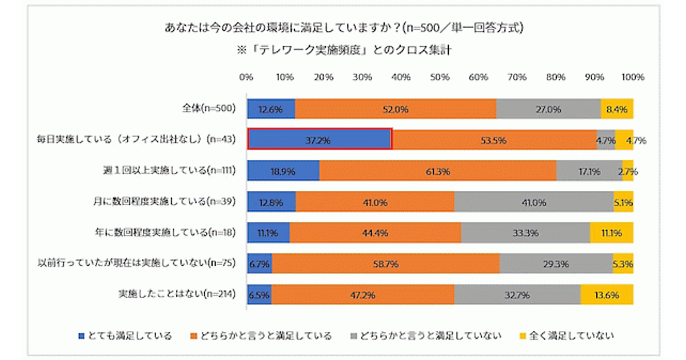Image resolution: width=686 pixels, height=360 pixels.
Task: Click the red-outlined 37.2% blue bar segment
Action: [x=319, y=139]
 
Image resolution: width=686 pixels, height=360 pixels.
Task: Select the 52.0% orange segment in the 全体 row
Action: [x=395, y=109]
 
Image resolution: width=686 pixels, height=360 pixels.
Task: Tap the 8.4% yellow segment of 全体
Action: [x=617, y=109]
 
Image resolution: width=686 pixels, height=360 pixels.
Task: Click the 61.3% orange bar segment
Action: [x=437, y=170]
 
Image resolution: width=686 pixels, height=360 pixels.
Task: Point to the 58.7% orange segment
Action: [x=385, y=263]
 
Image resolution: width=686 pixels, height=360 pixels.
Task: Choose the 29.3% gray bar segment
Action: [x=556, y=263]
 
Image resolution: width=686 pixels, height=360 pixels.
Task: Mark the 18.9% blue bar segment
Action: [x=283, y=170]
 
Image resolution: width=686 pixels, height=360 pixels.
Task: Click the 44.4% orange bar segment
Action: [x=375, y=233]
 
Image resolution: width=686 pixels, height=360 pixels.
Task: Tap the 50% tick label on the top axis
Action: [x=440, y=77]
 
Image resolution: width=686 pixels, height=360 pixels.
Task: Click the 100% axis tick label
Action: [x=633, y=77]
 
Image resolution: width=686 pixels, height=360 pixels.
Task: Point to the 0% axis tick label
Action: [x=247, y=77]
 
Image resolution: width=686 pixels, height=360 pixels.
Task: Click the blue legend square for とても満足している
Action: [x=81, y=335]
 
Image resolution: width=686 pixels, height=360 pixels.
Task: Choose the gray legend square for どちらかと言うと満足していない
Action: [x=353, y=335]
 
